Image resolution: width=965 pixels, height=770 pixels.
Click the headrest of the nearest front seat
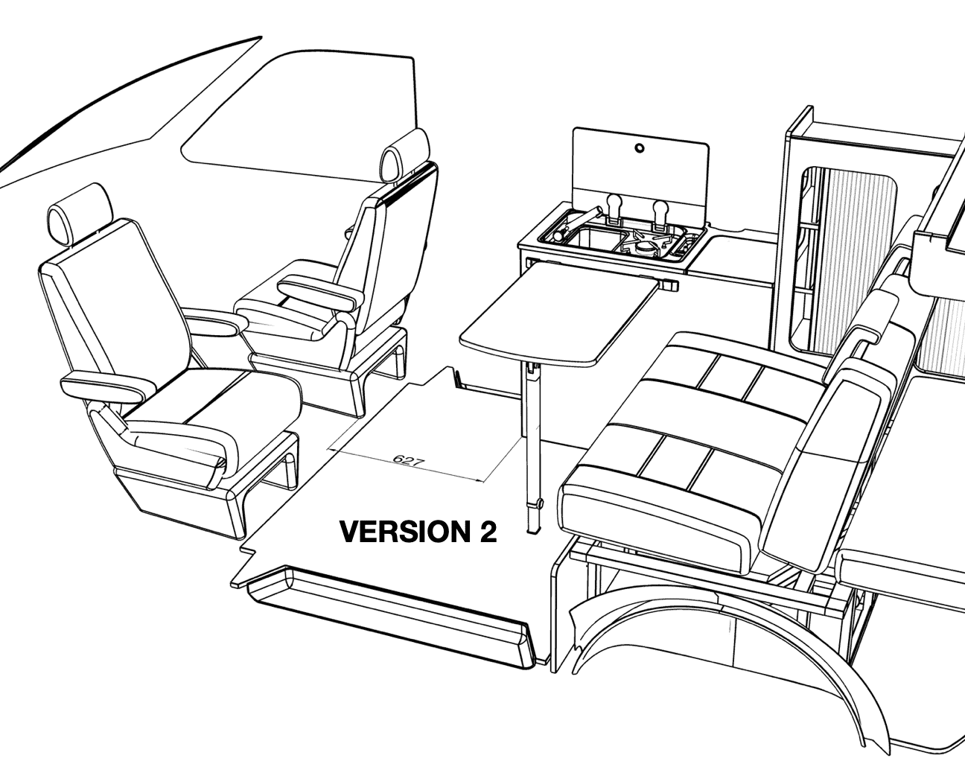coord(79,214)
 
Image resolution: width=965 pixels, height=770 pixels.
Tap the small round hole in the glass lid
coord(640,148)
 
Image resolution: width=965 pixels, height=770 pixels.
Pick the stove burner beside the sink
coord(646,247)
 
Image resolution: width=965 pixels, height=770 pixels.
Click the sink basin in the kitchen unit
coord(592,241)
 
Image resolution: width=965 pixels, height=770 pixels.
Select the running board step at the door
coord(390,623)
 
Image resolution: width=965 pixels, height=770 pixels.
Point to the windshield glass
coord(296,117)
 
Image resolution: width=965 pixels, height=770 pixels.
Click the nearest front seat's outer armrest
coord(108,386)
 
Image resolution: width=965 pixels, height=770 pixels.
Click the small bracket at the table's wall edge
coord(670,284)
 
